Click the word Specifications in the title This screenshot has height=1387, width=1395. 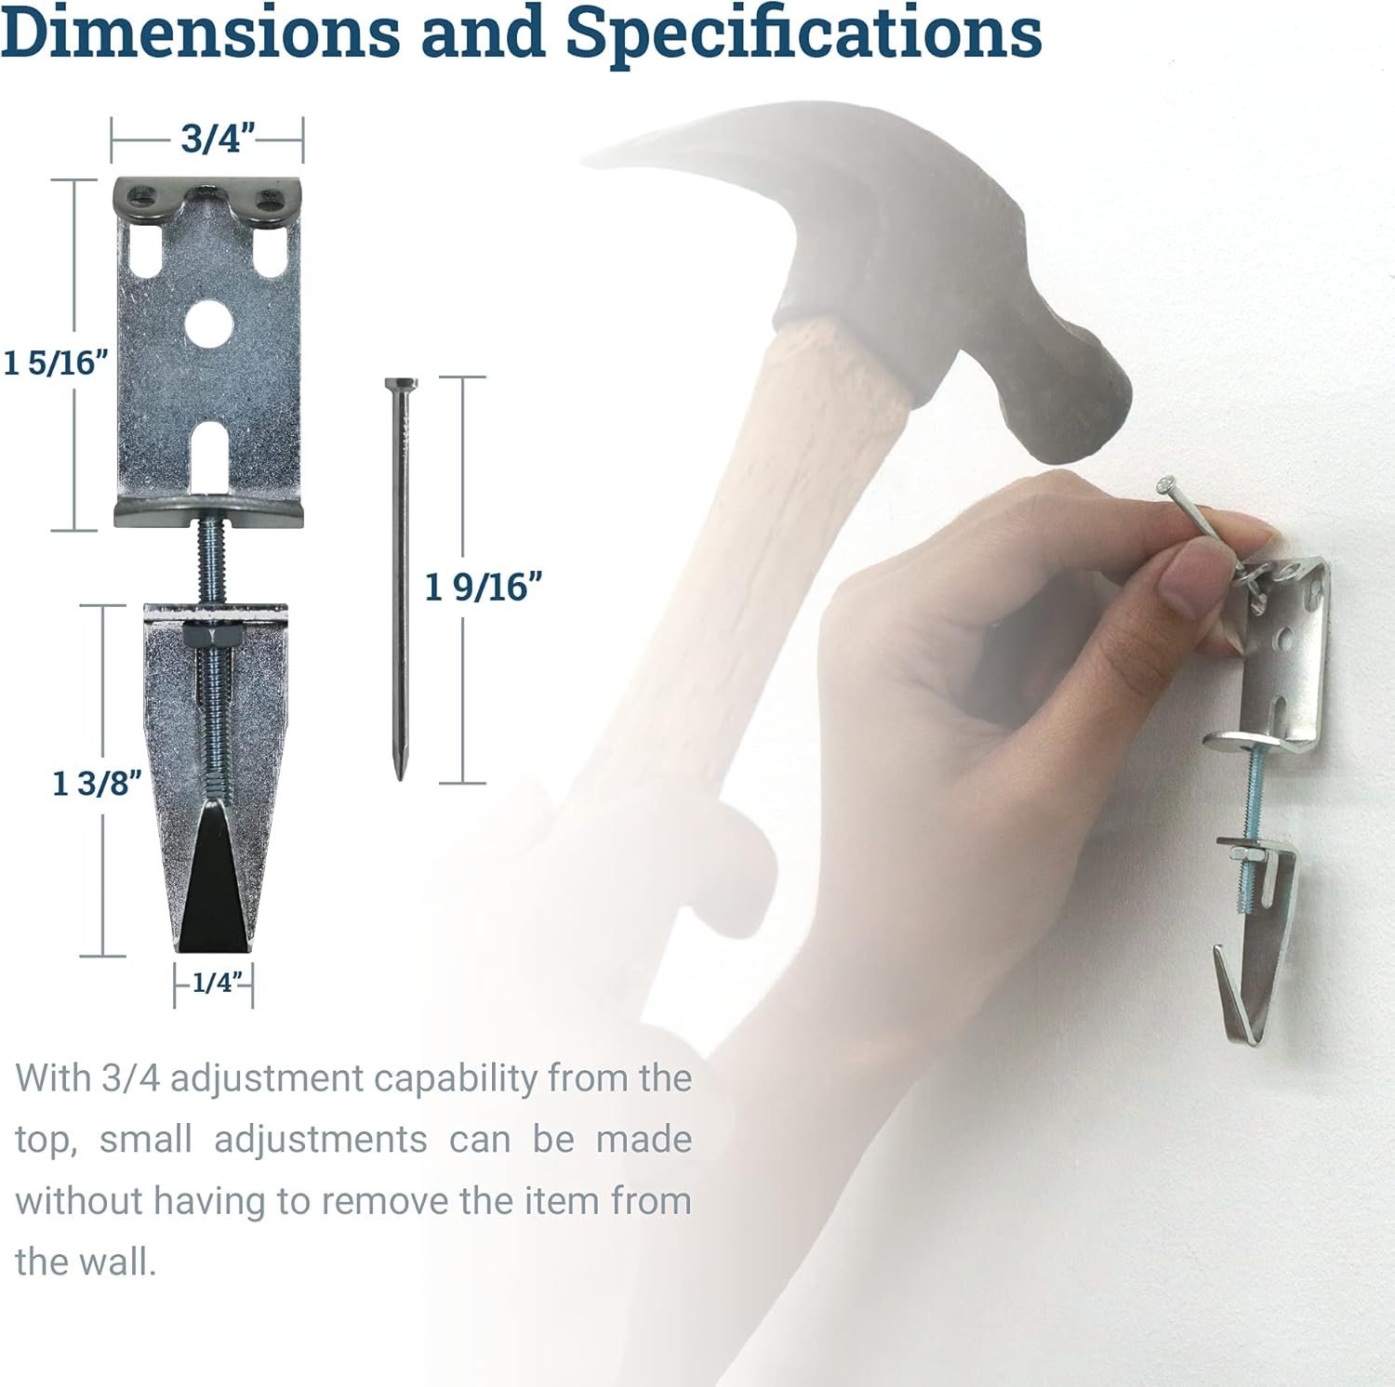pyautogui.click(x=804, y=33)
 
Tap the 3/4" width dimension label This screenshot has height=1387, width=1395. pyautogui.click(x=218, y=140)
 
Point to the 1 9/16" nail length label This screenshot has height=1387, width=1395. pyautogui.click(x=483, y=587)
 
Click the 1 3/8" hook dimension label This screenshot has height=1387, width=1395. pyautogui.click(x=96, y=783)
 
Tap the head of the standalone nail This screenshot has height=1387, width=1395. pyautogui.click(x=400, y=385)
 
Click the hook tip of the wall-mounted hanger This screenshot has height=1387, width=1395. pyautogui.click(x=1220, y=957)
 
